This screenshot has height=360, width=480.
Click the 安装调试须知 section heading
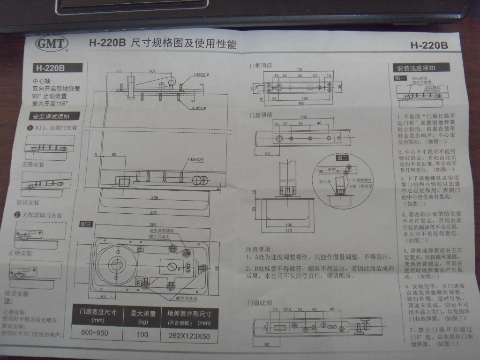coord(50,116)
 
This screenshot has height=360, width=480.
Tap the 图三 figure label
coord(86,224)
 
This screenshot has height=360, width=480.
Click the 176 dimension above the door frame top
coord(299,70)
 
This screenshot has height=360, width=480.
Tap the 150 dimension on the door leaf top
coord(303,117)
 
